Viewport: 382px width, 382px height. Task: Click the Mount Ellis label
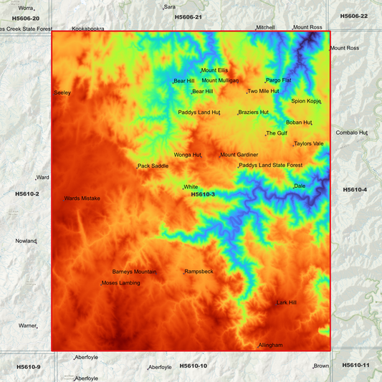coord(214,70)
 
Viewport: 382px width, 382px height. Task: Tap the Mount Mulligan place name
coord(220,80)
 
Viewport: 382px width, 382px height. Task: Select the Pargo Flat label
coord(278,80)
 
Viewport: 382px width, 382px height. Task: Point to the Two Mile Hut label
coord(263,92)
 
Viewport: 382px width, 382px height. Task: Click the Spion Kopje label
coord(306,101)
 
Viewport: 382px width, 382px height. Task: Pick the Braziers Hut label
coord(254,113)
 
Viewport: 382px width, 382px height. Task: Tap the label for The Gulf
coord(277,133)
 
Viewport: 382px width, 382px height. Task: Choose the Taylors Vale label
coord(309,143)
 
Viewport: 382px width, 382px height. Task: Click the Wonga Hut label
coord(187,155)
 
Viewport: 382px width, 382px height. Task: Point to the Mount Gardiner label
coord(239,155)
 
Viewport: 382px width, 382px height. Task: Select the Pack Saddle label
coord(153,166)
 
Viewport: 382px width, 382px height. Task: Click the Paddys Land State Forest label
coord(271,166)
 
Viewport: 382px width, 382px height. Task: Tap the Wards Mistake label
coord(82,198)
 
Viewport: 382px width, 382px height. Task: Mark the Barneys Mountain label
coord(134,272)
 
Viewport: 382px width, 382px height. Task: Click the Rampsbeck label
coord(199,272)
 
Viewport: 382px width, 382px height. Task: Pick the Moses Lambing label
coord(120,284)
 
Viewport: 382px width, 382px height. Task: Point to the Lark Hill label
coord(287,302)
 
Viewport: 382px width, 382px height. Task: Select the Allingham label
coord(271,345)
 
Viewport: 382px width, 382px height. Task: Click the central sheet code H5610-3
coord(203,194)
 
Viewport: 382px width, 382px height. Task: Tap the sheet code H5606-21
coord(188,16)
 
